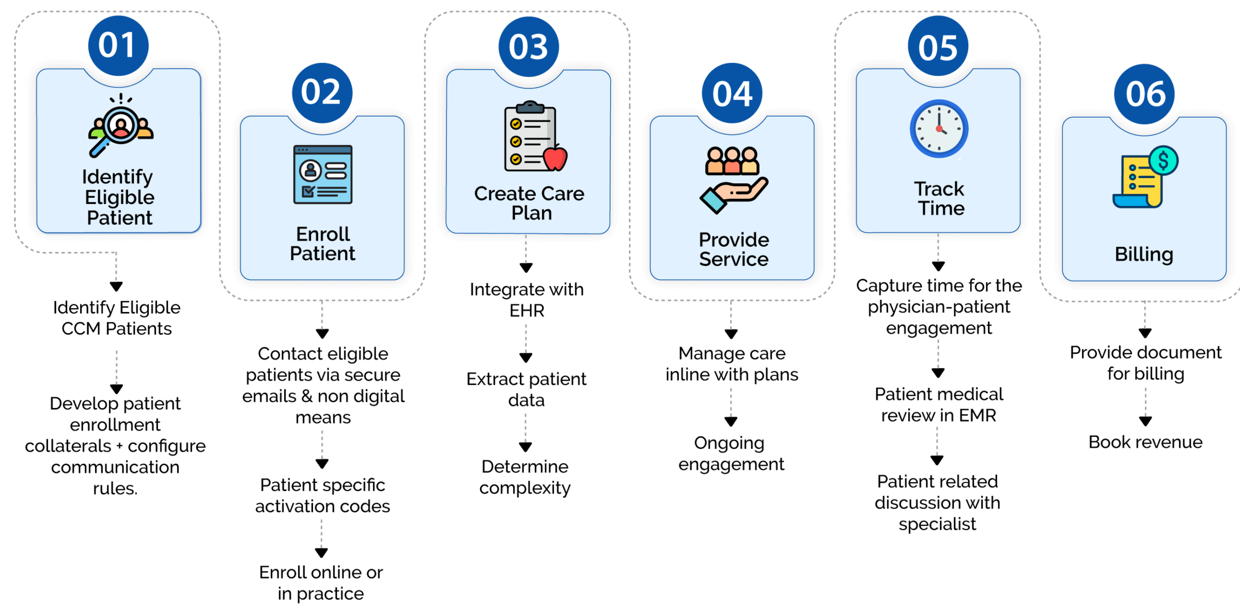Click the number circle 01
point(118,45)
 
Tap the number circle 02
point(322,93)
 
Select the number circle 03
point(528,47)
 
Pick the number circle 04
point(732,93)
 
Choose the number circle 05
point(938,46)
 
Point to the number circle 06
point(1144,94)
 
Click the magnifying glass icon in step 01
point(120,127)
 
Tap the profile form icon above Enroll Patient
point(323,175)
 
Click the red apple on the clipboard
point(555,158)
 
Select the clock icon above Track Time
point(939,129)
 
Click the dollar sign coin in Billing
point(1164,161)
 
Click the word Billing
point(1144,254)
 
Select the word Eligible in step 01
point(119,197)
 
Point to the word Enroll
point(323,234)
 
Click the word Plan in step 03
point(532,213)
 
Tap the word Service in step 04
point(734,259)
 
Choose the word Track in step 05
point(939,189)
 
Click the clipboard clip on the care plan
point(530,107)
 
